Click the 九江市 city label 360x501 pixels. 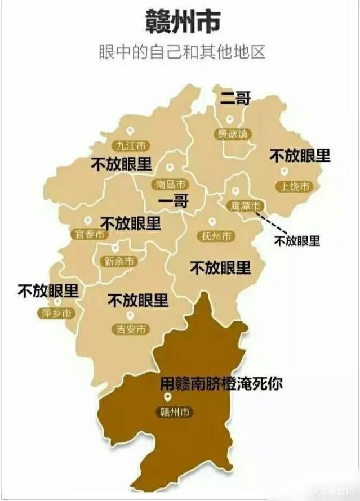tap(131, 146)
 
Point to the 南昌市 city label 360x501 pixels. tap(170, 184)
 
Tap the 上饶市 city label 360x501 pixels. tap(293, 186)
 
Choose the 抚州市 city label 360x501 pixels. tap(217, 236)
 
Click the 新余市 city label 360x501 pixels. tap(119, 261)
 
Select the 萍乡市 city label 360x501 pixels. tap(56, 314)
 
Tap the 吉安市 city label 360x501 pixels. tap(131, 329)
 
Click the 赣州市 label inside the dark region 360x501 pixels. tap(174, 412)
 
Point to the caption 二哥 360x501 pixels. tap(235, 99)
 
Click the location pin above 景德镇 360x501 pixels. tap(230, 119)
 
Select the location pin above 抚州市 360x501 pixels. tap(212, 222)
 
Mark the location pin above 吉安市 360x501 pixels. tap(131, 316)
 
